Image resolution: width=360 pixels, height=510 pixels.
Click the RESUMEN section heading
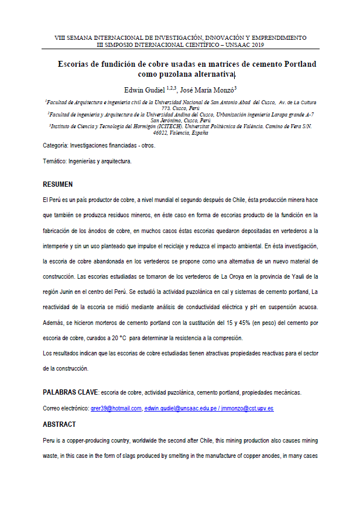coord(57,183)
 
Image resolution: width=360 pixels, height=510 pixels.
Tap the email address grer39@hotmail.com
coord(116,408)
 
